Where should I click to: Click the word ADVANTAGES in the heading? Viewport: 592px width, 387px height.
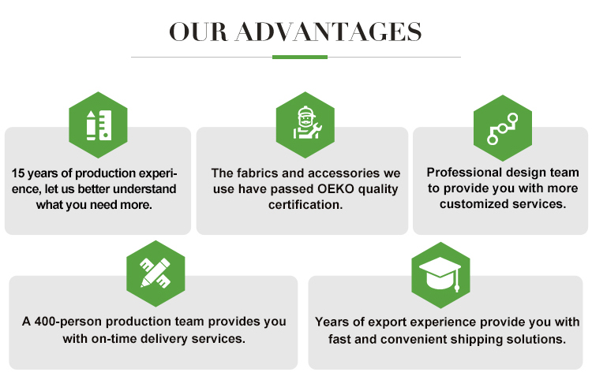(328, 31)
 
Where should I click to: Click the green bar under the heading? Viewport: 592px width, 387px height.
(299, 57)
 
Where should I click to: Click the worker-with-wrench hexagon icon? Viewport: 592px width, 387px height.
(305, 124)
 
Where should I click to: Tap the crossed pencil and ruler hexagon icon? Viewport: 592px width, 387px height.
(155, 269)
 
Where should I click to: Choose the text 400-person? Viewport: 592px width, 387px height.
(67, 322)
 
